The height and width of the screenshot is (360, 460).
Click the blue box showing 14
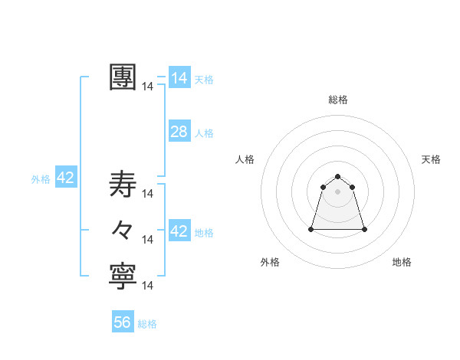pos(179,78)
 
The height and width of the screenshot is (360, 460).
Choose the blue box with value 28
pos(179,132)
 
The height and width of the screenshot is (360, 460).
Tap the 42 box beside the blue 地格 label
pos(179,231)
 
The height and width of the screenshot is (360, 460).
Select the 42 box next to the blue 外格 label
pos(65,178)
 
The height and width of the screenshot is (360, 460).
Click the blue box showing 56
pos(123,322)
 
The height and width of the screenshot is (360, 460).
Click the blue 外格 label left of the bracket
pos(41,179)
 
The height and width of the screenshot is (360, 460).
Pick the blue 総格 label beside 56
pos(147,324)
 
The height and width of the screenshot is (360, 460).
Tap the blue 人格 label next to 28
pos(204,133)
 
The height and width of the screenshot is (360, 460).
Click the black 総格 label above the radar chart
pos(338,100)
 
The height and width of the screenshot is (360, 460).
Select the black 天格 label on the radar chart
pos(431,159)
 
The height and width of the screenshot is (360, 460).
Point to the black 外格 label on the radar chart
pos(270,262)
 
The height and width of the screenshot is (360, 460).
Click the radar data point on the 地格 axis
pos(364,229)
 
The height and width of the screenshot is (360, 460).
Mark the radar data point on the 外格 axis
pos(311,229)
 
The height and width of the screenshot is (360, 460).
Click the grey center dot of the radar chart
pos(338,191)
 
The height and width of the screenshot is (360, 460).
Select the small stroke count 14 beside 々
pos(148,240)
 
